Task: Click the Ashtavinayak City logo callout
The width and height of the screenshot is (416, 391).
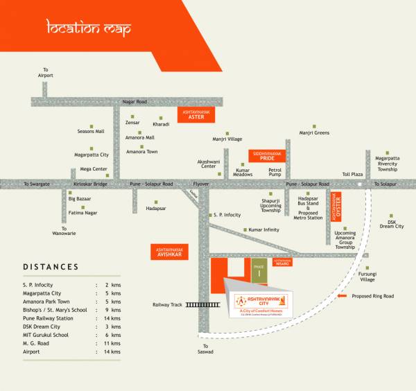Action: click(260, 303)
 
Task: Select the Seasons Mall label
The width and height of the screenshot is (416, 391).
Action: click(91, 131)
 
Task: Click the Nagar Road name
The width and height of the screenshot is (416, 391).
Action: click(135, 102)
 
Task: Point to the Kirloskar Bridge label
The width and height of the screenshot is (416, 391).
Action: click(90, 184)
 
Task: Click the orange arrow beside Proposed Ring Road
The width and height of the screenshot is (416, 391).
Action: click(343, 296)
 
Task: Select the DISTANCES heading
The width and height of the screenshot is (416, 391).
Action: click(51, 267)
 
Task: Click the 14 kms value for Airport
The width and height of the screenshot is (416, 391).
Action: click(112, 351)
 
